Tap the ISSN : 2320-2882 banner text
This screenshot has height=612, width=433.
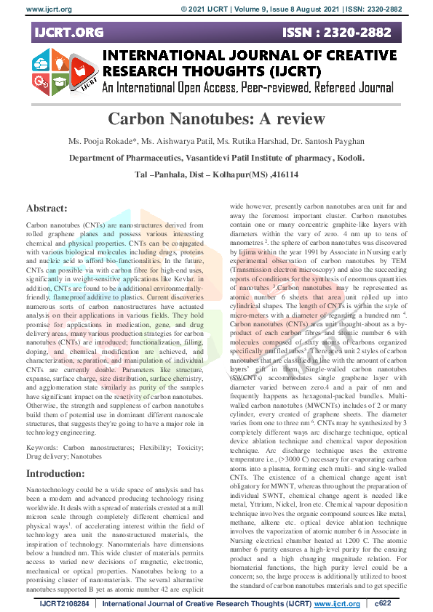(347, 33)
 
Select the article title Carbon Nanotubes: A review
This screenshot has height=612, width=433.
(216, 120)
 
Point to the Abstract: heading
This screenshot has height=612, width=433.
(51, 207)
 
